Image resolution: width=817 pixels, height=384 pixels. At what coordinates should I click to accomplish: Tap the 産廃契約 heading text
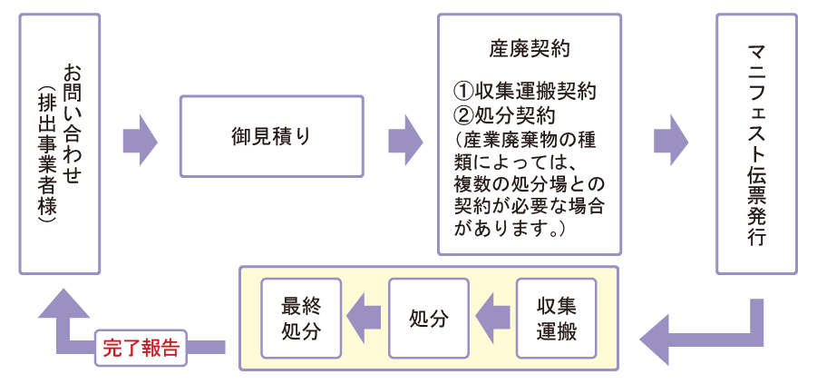(x=529, y=46)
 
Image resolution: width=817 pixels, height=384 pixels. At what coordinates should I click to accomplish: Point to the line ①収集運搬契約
(x=526, y=91)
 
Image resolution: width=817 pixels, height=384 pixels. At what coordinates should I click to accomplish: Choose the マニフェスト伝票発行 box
(x=756, y=143)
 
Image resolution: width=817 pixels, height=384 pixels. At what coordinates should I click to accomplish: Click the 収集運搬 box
(x=557, y=318)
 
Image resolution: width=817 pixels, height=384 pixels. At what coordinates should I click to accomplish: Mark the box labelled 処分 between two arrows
(x=428, y=318)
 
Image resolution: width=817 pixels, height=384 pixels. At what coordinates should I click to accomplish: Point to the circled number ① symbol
(x=463, y=92)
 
